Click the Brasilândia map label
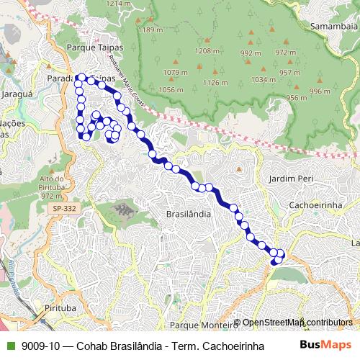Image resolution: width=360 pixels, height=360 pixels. [189, 215]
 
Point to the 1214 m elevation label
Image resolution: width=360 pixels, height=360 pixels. [119, 4]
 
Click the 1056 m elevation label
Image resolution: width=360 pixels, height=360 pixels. [171, 90]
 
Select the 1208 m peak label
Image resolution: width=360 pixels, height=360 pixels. [207, 51]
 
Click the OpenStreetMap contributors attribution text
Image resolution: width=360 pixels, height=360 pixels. [297, 323]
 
